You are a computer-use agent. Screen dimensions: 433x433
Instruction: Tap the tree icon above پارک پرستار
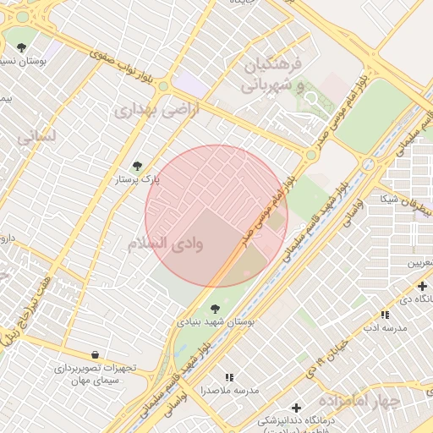pos(137,166)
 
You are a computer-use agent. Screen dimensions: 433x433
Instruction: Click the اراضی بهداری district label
pos(156,109)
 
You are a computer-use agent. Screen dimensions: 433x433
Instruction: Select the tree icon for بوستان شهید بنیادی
pos(215,308)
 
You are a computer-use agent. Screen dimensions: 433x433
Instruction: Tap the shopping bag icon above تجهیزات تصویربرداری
pos(94,355)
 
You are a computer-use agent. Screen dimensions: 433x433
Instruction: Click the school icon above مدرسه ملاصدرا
pos(228,377)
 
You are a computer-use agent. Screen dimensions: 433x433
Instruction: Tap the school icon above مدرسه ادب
pos(385,314)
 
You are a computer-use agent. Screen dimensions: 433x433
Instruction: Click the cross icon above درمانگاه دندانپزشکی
pos(295,408)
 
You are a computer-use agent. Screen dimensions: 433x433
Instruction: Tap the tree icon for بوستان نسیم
pos(21,47)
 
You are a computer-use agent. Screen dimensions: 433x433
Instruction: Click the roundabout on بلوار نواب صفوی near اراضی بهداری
pos(163,86)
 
